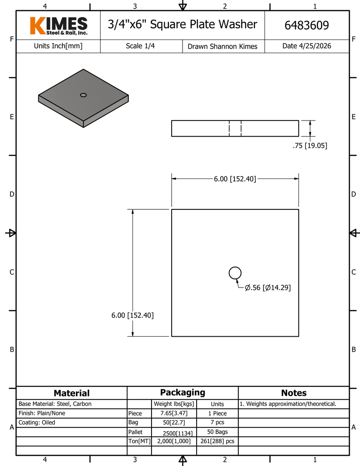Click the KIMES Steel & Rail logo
coord(59,25)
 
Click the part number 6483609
coord(306,25)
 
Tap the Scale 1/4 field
coord(140,46)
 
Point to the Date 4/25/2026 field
coord(306,46)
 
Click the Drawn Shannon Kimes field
coord(223,46)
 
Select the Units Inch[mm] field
coord(58,46)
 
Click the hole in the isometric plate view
coord(84,95)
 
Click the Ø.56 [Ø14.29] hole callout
coord(268,288)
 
